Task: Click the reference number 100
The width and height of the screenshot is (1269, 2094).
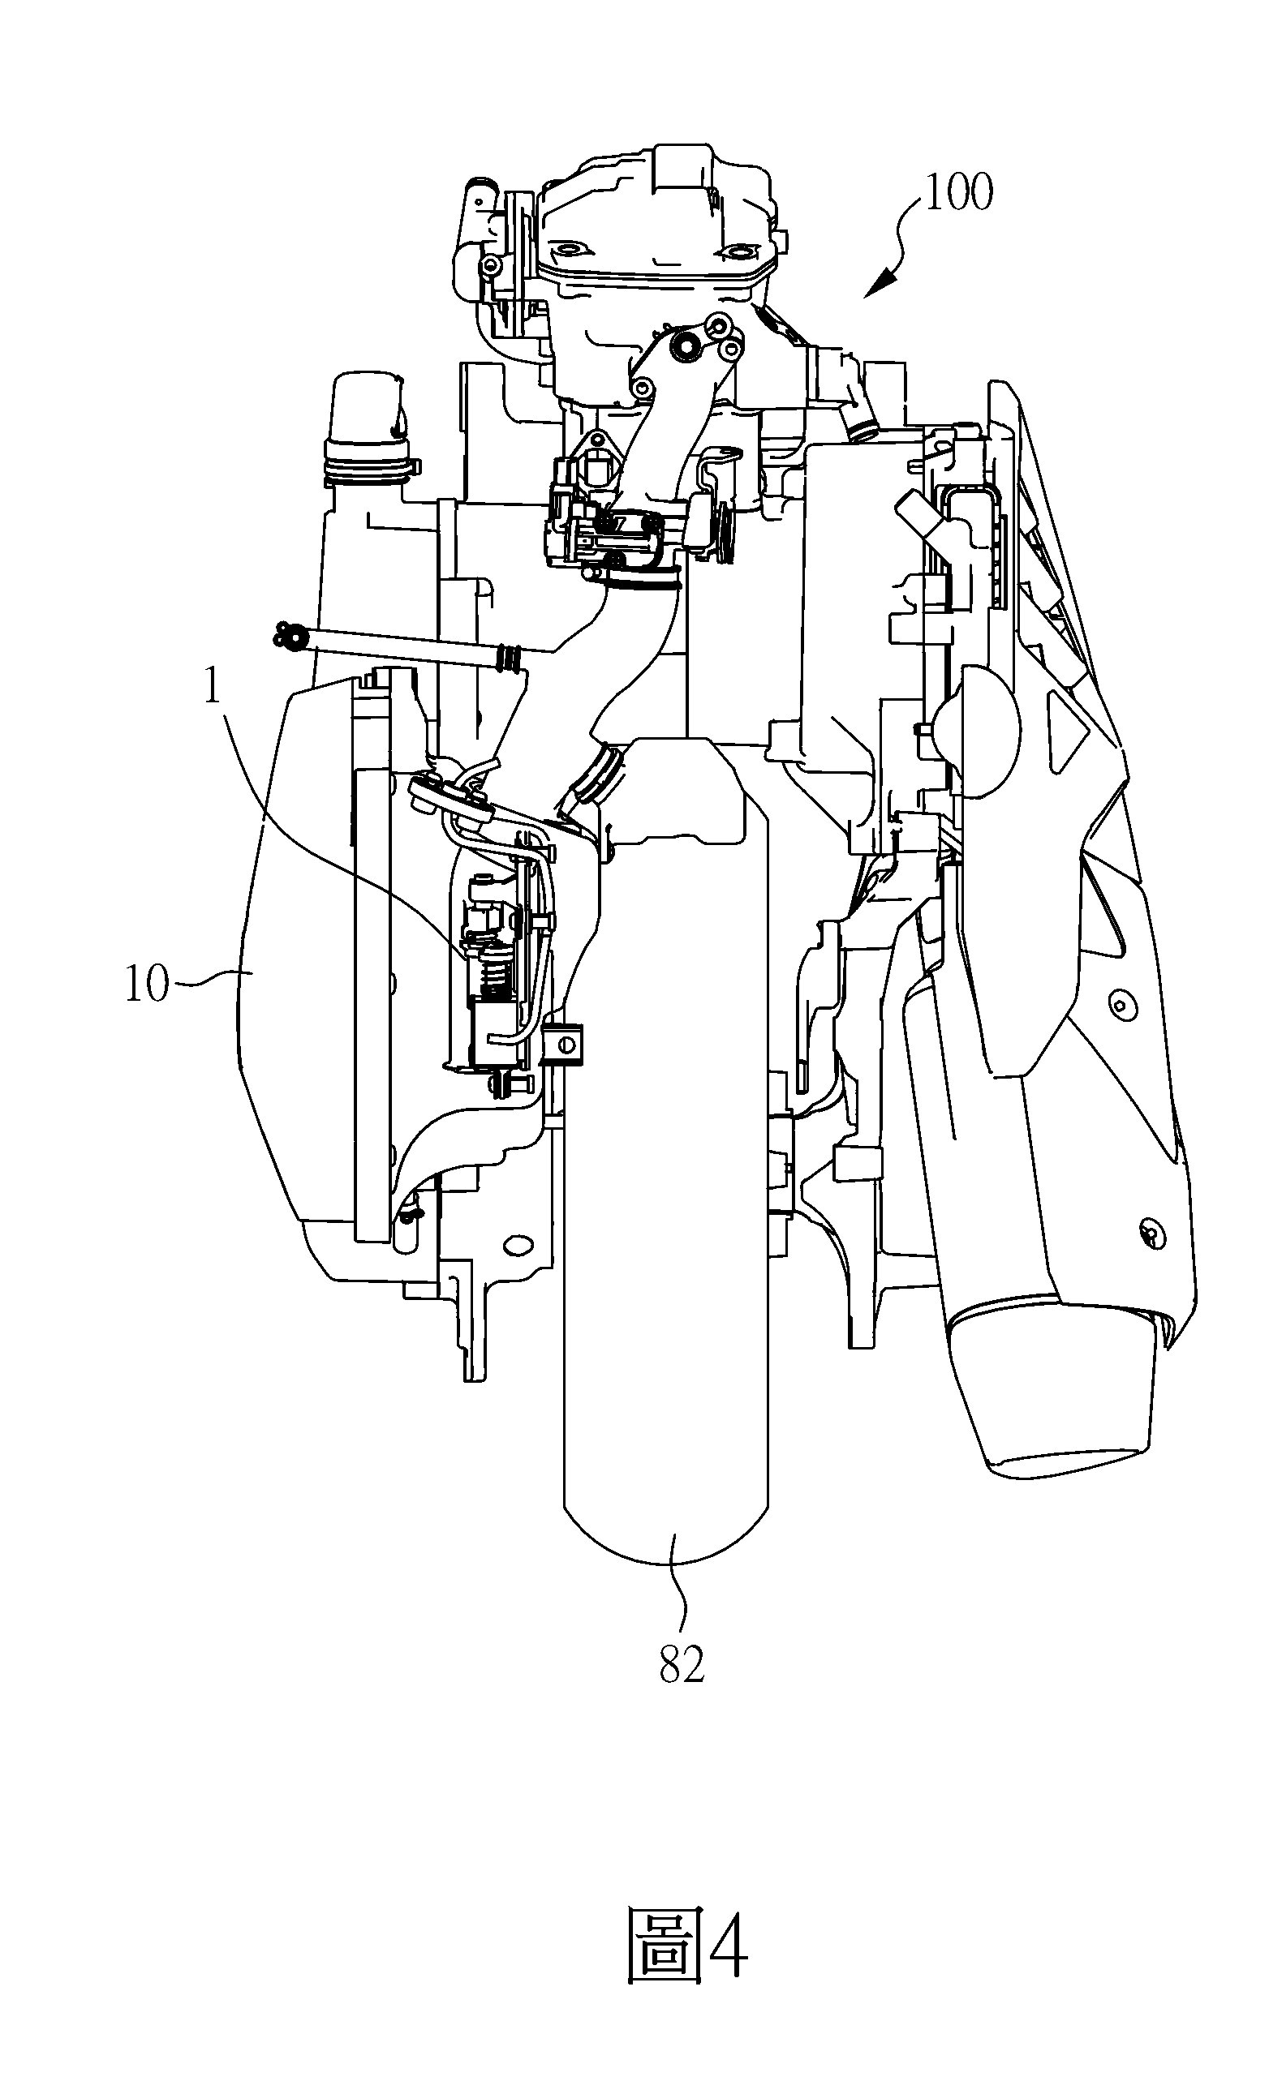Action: coord(959,192)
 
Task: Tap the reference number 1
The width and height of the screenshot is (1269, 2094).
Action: coord(213,688)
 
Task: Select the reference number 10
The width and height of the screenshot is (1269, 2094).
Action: coord(147,983)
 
